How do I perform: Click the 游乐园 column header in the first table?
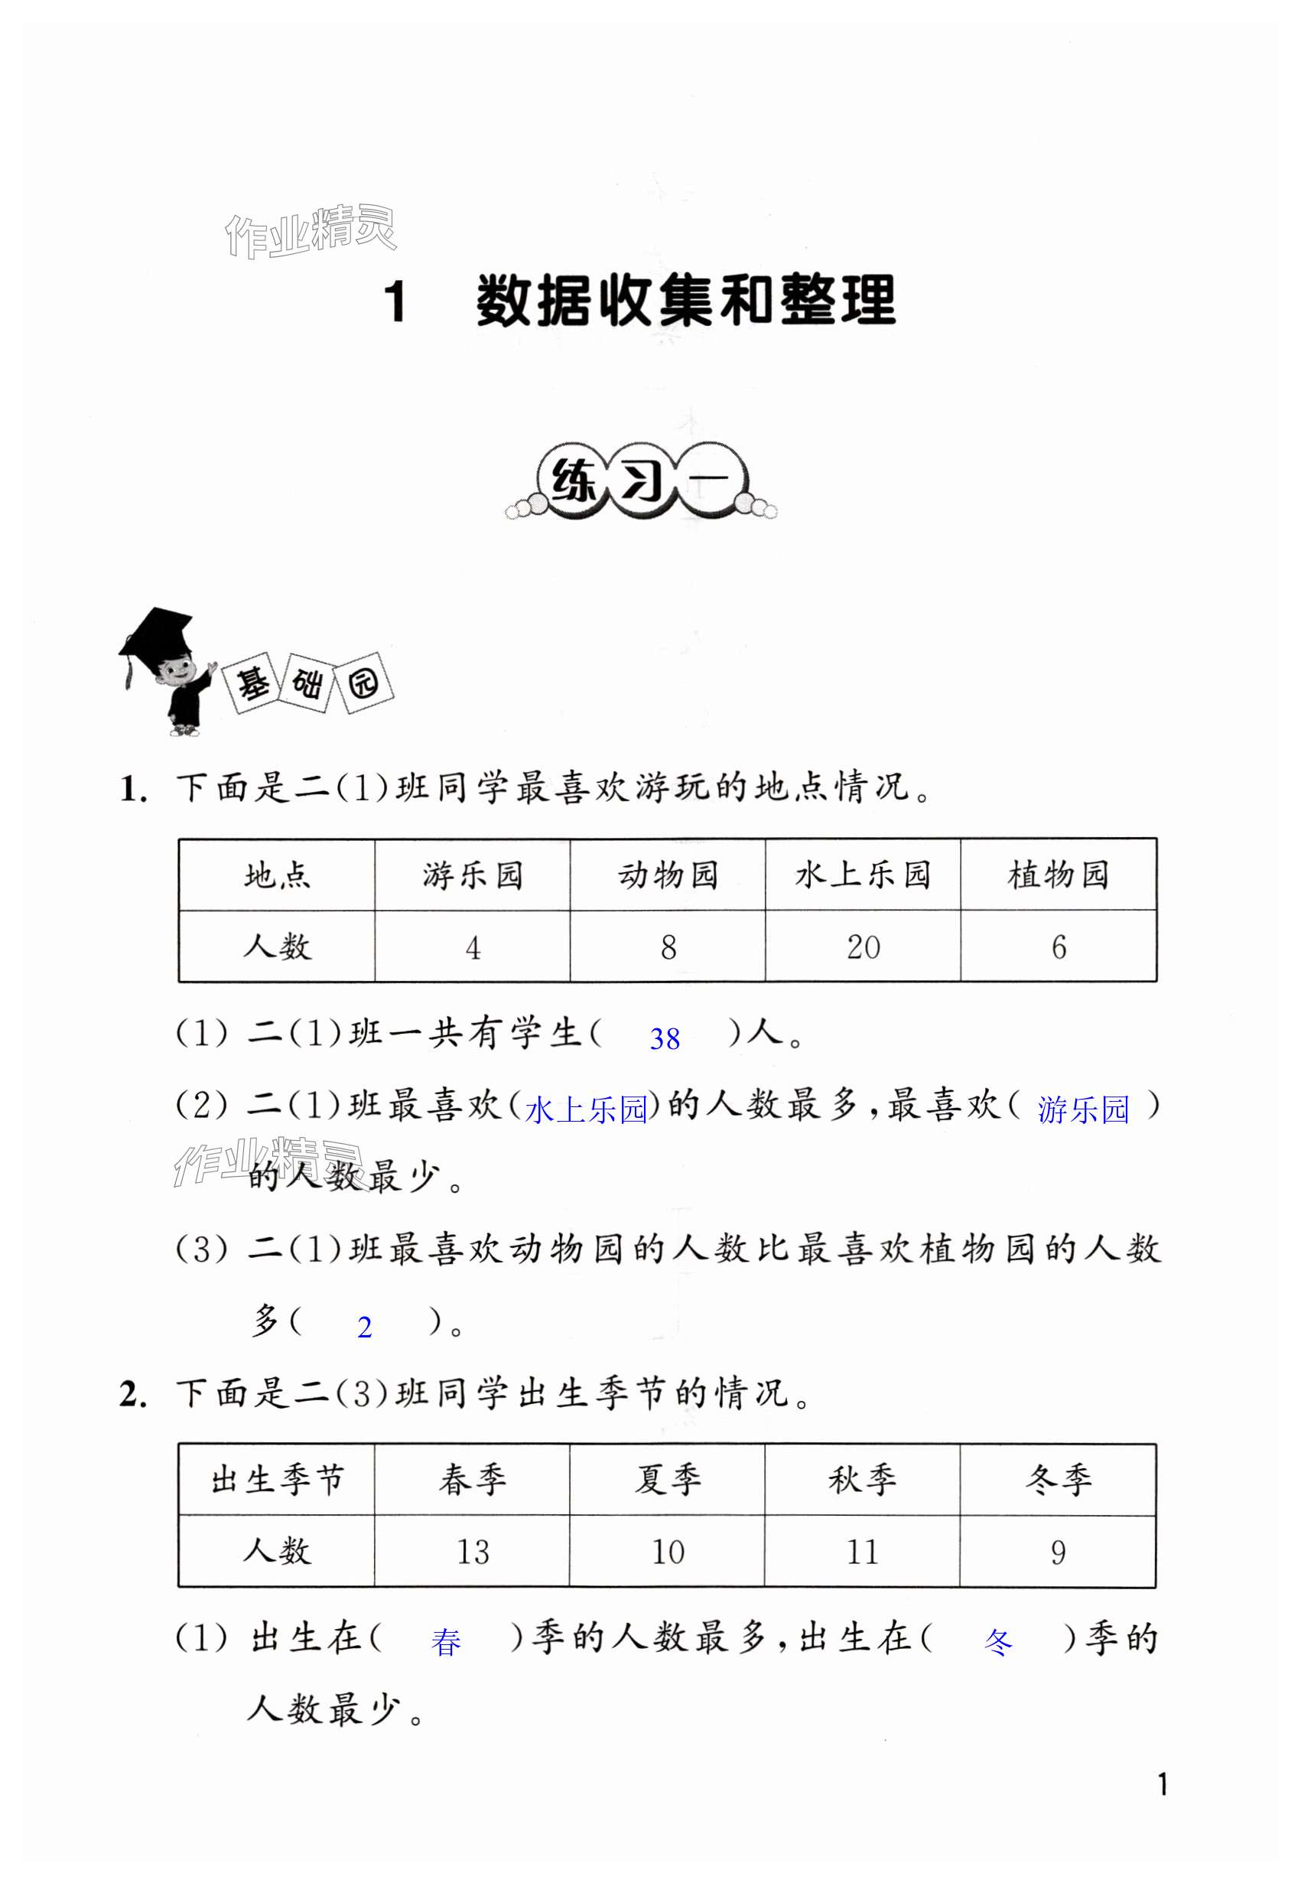472,875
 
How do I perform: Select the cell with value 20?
863,946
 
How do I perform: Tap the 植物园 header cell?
1057,875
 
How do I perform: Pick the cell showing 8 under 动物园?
668,946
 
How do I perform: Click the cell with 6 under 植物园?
1058,946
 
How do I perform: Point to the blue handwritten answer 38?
665,1039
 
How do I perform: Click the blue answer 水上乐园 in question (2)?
586,1110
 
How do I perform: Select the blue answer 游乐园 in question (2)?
1082,1110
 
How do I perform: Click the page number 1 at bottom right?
1163,1785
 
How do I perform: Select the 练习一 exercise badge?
641,483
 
